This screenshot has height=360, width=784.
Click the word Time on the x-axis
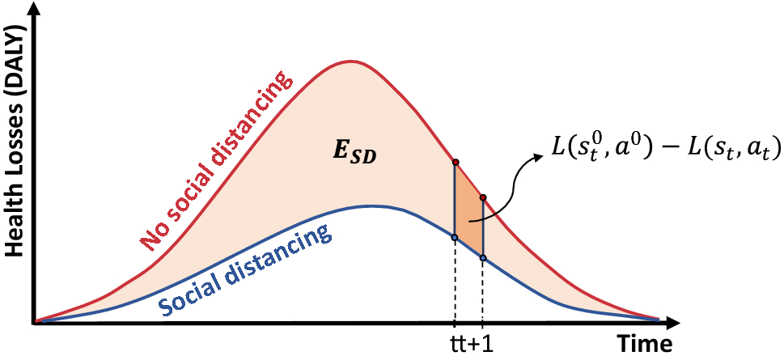[x=645, y=345]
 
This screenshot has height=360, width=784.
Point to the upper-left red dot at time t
[x=456, y=163]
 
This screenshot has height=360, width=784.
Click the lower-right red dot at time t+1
[x=483, y=197]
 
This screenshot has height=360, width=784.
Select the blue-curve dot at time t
[x=455, y=238]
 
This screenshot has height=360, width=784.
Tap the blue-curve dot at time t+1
[x=483, y=258]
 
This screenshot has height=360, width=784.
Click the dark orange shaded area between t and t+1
[x=469, y=212]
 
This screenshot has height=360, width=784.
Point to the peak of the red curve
[x=350, y=61]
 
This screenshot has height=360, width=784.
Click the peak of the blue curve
[x=368, y=205]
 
